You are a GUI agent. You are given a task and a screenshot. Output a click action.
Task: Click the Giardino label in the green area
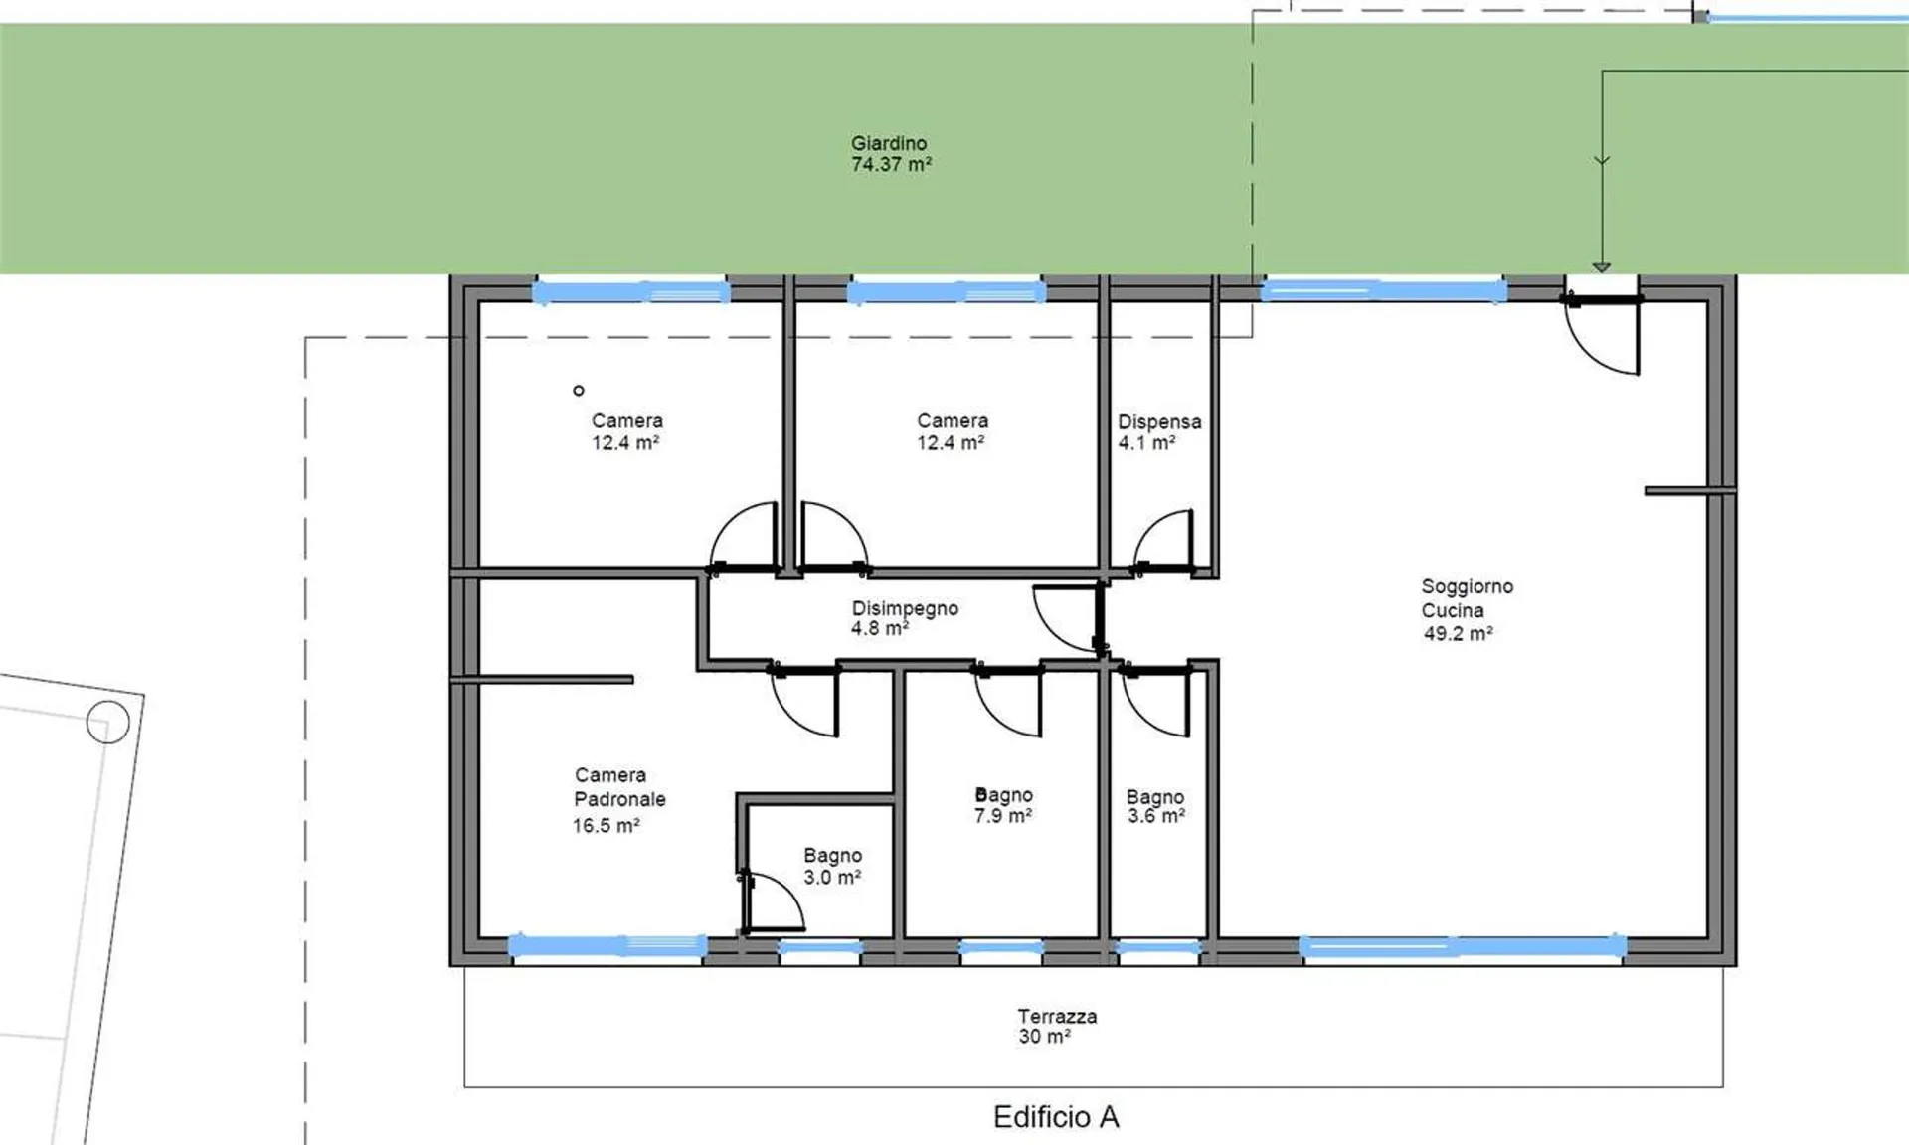889,143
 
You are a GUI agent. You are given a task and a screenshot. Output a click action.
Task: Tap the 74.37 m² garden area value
891,165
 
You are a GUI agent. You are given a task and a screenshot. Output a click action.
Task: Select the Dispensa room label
1159,422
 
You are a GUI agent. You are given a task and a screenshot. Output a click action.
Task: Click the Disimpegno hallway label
905,608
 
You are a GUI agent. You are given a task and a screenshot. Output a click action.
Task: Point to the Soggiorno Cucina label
1467,598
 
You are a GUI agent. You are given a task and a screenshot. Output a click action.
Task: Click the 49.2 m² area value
1458,633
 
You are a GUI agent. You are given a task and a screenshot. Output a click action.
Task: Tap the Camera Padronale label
619,787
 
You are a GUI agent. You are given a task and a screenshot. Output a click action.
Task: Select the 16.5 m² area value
606,826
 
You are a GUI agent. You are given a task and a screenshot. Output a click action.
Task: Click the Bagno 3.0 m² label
832,866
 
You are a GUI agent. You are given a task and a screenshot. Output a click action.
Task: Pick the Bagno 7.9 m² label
1003,805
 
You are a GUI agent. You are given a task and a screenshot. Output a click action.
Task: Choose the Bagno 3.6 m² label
1155,806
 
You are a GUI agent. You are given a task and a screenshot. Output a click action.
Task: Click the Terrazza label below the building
1057,1016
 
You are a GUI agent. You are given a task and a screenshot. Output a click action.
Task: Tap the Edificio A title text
1056,1117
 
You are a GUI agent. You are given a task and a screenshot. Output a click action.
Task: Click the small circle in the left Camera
579,391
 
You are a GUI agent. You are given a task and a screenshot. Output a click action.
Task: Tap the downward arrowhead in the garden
1601,267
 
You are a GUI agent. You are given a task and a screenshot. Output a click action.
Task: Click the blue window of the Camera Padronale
608,945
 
